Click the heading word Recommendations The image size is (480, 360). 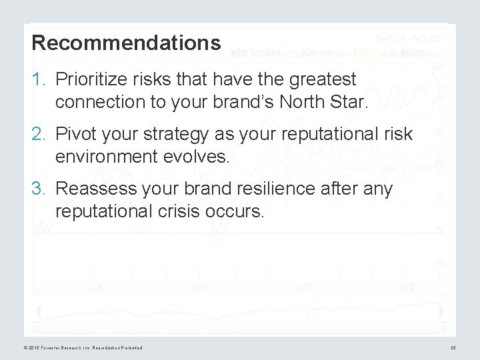(x=126, y=43)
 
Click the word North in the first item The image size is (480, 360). (x=321, y=103)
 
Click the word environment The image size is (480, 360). (x=101, y=157)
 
